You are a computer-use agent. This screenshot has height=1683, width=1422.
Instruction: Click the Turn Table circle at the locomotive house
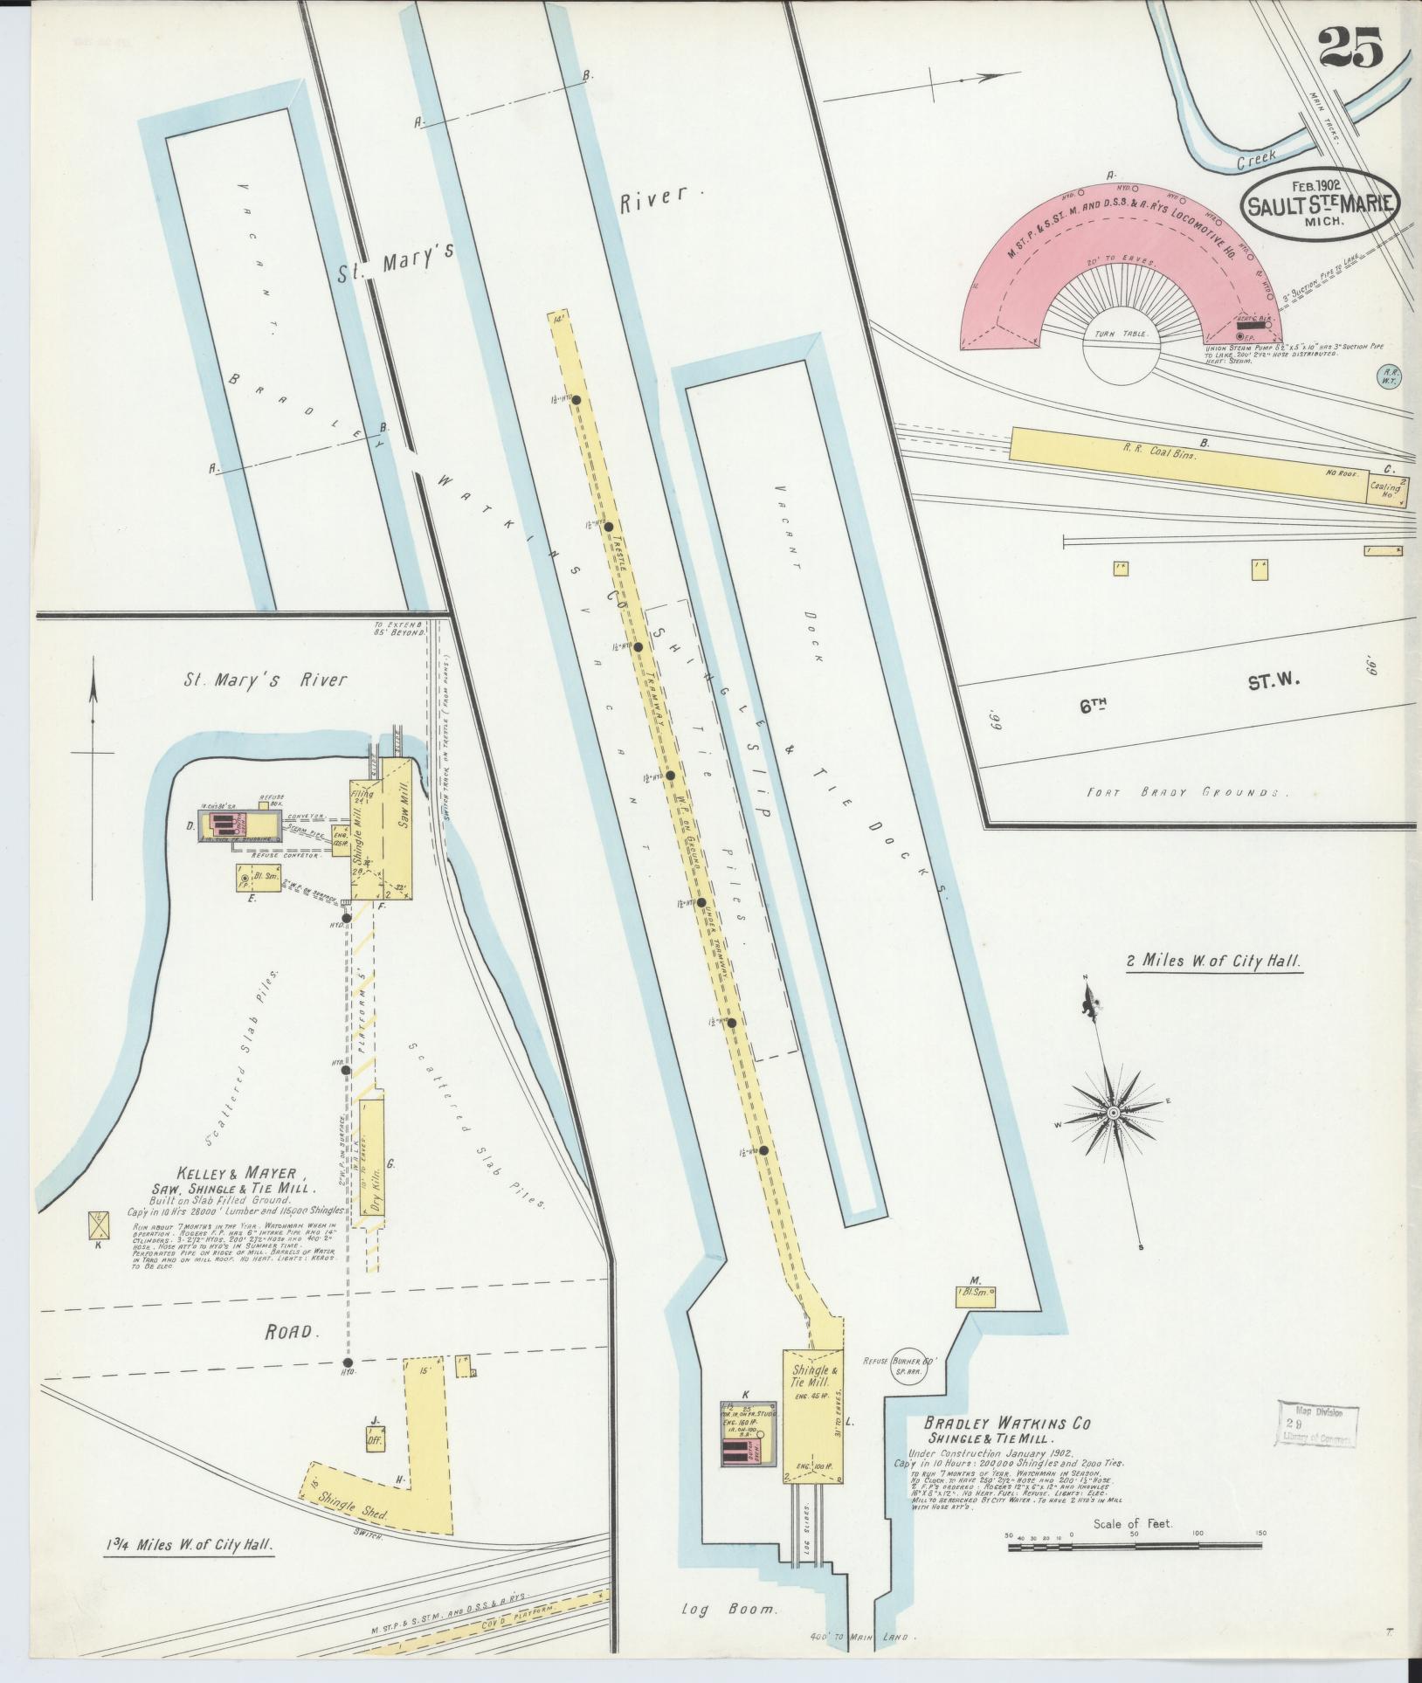tap(1122, 348)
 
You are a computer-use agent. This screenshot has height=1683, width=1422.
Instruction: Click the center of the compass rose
tap(1113, 1113)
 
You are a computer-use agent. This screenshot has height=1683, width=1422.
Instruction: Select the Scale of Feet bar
tap(1136, 1547)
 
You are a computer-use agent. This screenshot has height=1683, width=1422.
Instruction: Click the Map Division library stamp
tap(1317, 1425)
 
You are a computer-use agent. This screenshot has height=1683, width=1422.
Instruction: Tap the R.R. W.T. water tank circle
tap(1389, 376)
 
